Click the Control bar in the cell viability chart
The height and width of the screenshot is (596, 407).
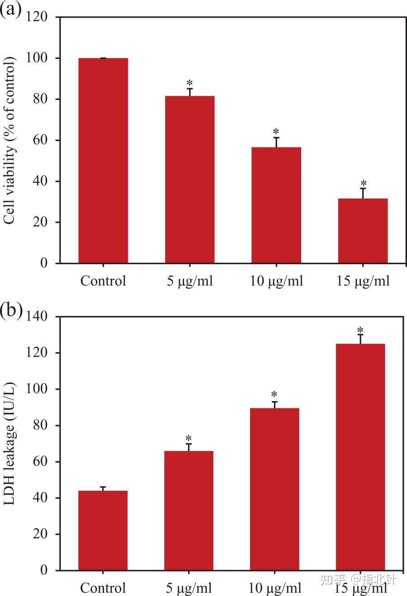103,161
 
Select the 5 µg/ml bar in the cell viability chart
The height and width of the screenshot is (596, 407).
189,180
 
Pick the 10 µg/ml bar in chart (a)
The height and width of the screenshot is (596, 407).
276,205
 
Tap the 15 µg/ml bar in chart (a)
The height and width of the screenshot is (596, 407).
363,231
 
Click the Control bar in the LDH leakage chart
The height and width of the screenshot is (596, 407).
103,530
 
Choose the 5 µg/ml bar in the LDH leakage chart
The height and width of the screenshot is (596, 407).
189,511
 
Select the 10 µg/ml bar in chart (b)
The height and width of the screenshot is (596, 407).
274,489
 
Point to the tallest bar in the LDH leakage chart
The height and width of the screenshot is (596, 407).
360,457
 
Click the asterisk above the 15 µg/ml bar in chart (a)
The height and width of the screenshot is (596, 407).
363,184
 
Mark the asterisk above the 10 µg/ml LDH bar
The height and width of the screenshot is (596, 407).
274,394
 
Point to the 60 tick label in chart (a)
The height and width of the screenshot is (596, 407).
41,140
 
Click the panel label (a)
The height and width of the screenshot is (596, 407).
11,9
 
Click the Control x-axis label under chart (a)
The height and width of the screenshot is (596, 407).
103,281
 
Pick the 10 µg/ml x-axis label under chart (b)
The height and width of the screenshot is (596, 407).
275,588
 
